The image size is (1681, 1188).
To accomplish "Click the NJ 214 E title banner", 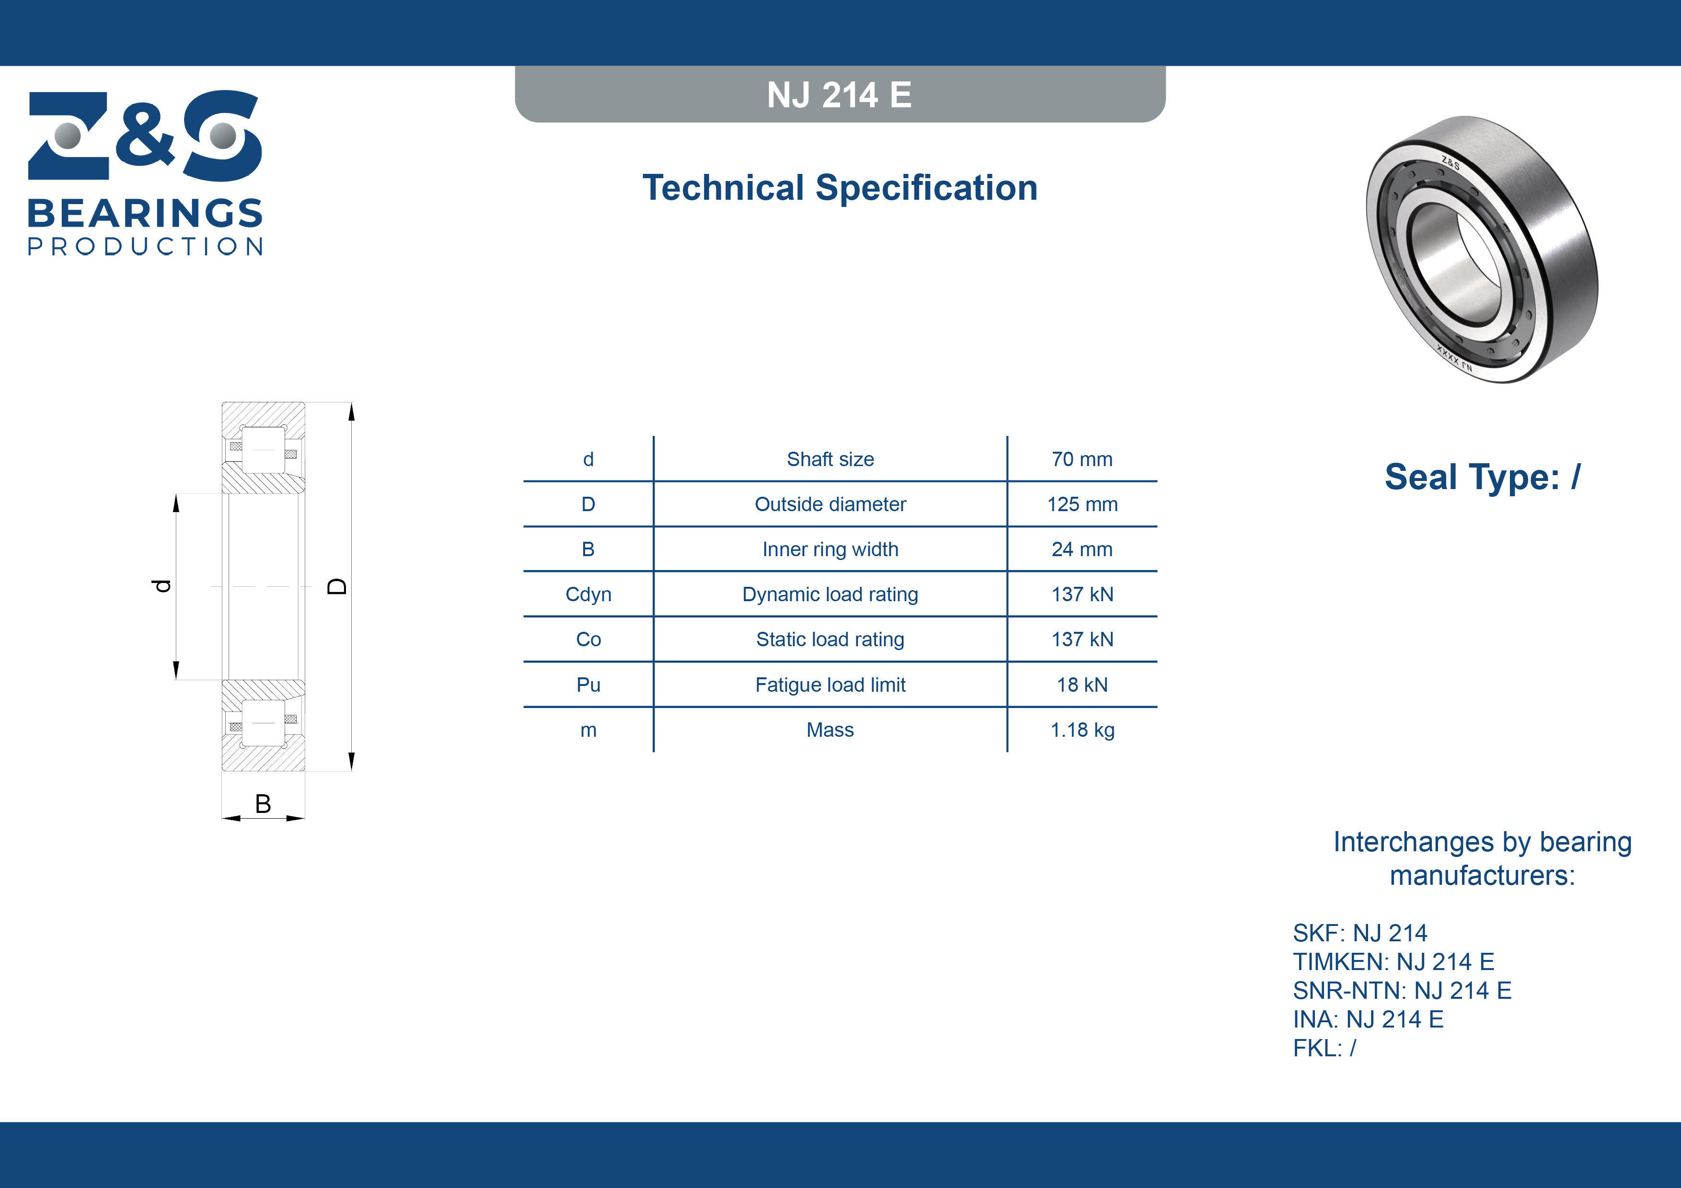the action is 840,94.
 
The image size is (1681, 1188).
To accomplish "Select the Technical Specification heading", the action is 840,187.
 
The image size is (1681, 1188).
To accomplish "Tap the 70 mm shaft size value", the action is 1082,459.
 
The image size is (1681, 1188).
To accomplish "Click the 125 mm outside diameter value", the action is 1082,504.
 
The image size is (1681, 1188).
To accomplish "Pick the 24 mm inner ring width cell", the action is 1082,549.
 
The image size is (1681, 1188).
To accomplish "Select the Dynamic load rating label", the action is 830,594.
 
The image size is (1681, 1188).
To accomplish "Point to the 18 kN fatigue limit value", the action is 1082,685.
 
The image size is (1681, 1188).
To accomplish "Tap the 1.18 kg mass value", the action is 1082,730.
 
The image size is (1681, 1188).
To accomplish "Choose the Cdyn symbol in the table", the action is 588,594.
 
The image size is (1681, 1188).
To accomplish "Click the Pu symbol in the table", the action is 588,685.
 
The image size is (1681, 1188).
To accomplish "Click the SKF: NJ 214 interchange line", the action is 1359,933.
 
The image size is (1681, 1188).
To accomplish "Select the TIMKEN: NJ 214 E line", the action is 1393,961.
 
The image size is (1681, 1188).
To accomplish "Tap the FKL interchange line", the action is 1324,1048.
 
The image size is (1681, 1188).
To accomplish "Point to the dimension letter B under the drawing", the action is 263,804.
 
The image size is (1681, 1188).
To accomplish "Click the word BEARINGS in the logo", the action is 145,213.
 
